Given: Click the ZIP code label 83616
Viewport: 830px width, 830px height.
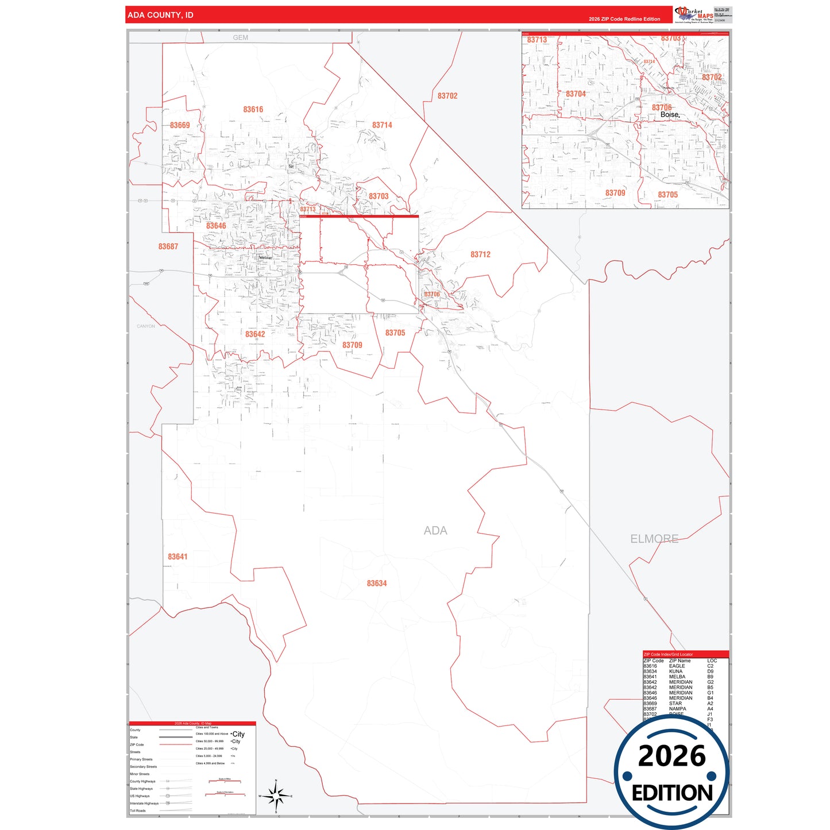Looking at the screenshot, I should coord(253,109).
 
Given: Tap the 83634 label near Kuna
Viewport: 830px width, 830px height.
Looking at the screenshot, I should coord(377,583).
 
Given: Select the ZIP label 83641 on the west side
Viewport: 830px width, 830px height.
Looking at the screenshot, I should coord(177,557).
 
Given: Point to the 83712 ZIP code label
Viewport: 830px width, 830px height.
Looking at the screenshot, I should coord(480,254).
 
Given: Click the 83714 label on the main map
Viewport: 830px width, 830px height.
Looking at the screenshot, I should coord(382,125).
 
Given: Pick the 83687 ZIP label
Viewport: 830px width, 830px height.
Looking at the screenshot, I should coord(168,246).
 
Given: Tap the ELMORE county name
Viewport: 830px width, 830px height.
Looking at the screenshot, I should coord(654,539).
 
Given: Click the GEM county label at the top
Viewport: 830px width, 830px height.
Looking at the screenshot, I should coord(241,37).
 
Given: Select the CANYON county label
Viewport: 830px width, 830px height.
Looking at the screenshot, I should coord(146,326).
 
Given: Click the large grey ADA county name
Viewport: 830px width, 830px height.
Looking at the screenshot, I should coord(435,531).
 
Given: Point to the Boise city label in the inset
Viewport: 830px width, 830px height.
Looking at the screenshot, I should coord(670,115).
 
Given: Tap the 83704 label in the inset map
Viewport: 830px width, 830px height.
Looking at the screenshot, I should coord(576,94).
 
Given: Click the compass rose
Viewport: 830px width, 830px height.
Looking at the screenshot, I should coord(276,796).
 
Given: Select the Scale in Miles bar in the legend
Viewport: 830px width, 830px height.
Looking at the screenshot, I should coord(225,782).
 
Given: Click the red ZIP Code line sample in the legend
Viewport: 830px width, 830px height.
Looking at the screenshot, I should coord(175,744).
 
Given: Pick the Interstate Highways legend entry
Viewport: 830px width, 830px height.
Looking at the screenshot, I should coord(144,804).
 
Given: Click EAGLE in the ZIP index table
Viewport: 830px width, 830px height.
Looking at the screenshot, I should coord(677,666).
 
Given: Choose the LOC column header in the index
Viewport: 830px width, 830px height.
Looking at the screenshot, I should coord(712,661).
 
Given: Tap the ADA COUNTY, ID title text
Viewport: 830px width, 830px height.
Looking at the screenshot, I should coord(160,15).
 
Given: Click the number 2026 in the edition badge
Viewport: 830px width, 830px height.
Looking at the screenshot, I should coord(671,756).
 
